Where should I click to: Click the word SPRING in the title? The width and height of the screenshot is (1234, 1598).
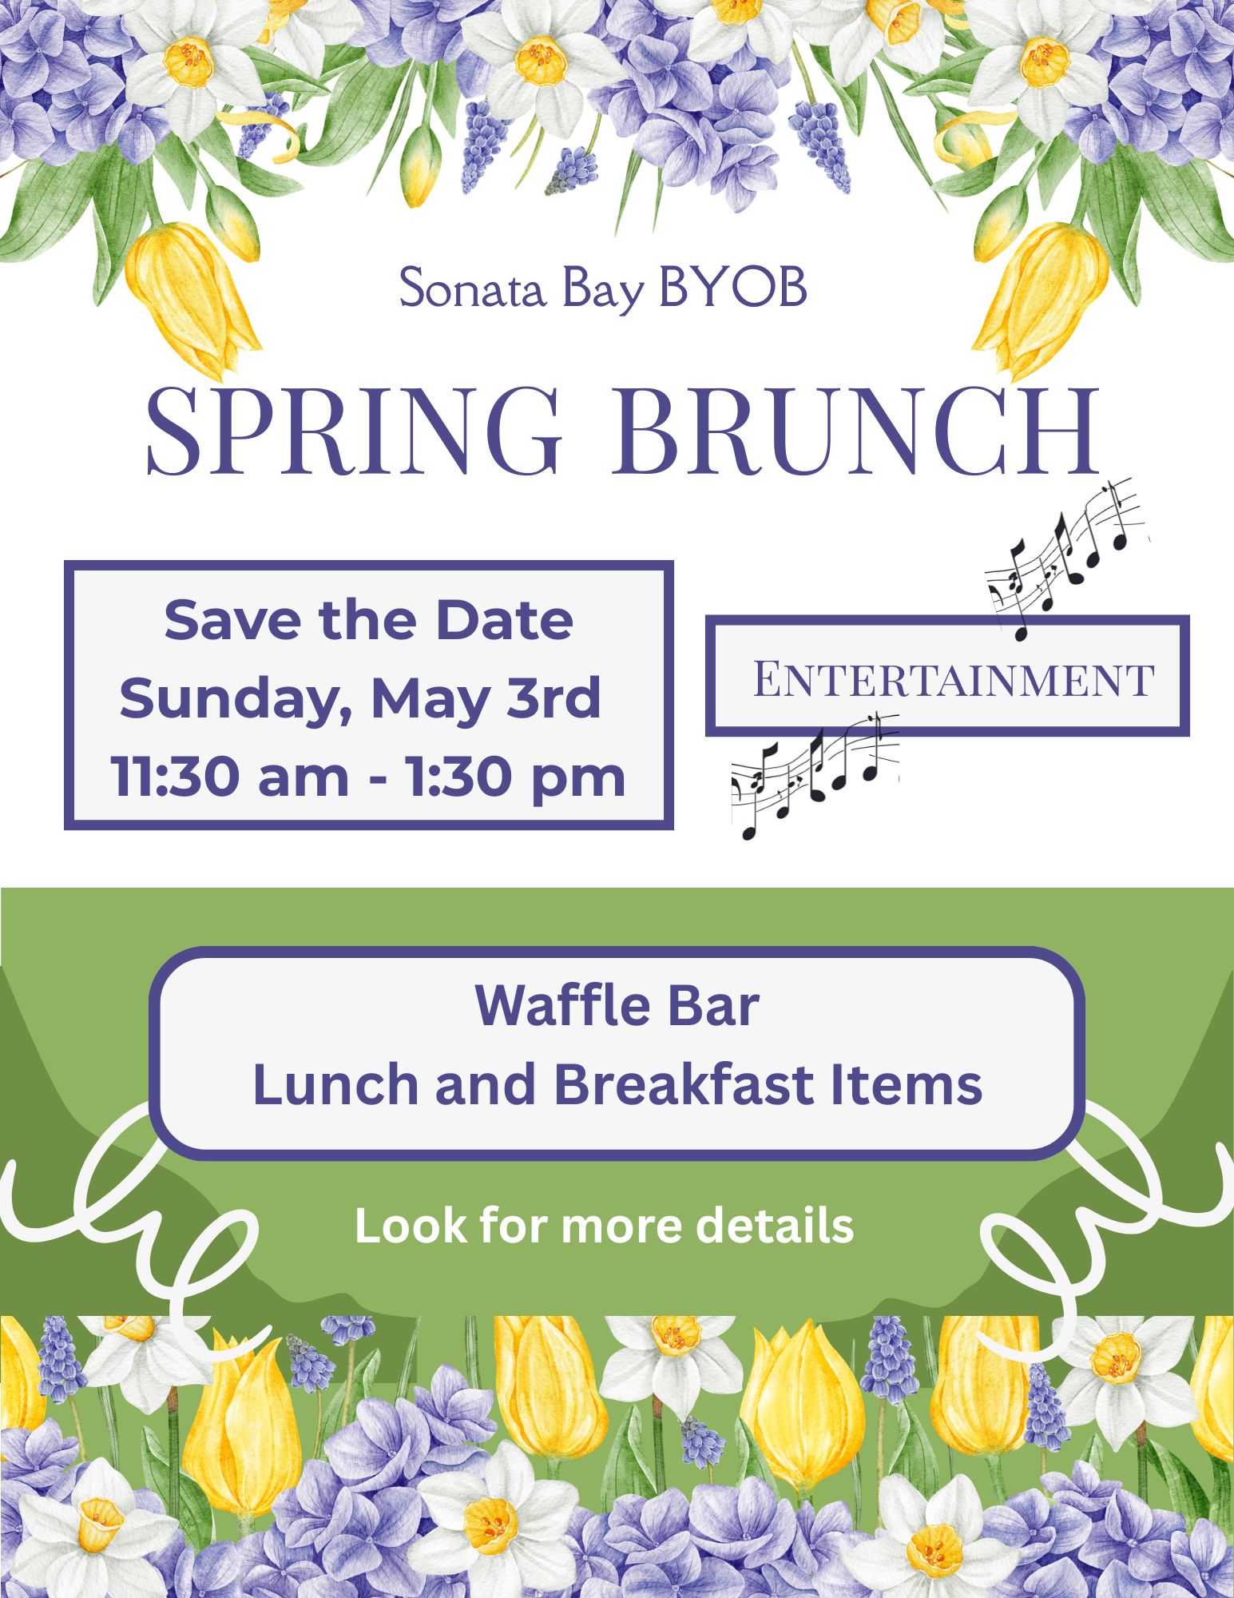click(x=354, y=431)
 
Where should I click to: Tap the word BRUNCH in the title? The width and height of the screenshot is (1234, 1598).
click(x=855, y=431)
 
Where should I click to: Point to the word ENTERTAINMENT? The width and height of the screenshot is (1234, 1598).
click(x=954, y=680)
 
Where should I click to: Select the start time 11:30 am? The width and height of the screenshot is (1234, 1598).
click(x=230, y=777)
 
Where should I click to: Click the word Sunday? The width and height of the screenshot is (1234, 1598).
click(x=237, y=700)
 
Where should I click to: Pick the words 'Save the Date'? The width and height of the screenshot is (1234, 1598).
click(x=368, y=620)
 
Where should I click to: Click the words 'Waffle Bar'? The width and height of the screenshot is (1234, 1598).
click(x=617, y=1005)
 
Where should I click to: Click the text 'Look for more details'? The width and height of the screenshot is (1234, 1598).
click(x=604, y=1226)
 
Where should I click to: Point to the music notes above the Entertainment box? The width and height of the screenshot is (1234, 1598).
click(x=1066, y=558)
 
